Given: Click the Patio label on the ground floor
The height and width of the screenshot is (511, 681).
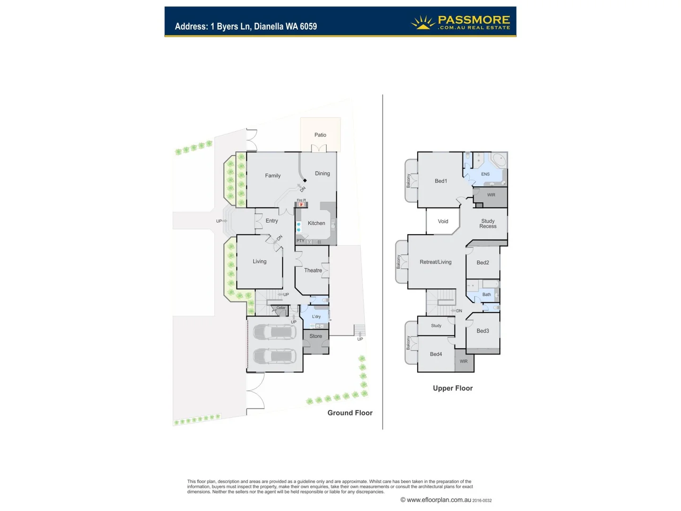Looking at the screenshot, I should click(x=320, y=135).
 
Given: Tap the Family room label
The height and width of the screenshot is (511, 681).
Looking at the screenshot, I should click(x=273, y=176).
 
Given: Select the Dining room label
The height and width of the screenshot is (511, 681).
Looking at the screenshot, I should click(x=323, y=174).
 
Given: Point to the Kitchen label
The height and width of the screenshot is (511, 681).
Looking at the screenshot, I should click(x=316, y=223).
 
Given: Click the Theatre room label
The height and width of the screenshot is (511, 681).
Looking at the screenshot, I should click(x=313, y=271).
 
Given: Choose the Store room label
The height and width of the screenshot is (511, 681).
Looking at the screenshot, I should click(x=316, y=336).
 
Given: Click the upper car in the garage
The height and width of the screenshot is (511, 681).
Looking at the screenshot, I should click(x=275, y=332).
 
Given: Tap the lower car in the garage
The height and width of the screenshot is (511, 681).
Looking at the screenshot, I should click(x=275, y=356).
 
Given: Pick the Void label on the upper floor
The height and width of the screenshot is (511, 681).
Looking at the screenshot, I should click(x=443, y=221).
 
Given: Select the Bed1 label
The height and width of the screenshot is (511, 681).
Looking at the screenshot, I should click(x=441, y=181).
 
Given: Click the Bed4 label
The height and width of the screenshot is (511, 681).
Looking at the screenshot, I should click(x=436, y=354).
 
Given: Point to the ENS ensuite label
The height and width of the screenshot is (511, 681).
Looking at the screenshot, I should click(x=485, y=174).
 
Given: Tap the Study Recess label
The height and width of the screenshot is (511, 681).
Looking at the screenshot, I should click(x=488, y=224).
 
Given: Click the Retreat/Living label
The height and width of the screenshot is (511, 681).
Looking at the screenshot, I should click(x=436, y=262).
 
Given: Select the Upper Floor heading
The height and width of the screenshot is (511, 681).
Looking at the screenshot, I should click(x=453, y=388).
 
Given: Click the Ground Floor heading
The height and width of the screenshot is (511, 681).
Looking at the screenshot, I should click(x=350, y=413).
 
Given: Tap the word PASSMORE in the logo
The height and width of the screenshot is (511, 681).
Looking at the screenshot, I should click(x=474, y=20).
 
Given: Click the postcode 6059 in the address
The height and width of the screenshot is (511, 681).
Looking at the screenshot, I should click(x=308, y=26).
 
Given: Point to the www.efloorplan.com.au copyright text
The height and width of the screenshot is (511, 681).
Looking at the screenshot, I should click(x=439, y=500).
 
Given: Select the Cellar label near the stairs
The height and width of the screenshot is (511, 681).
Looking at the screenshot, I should click(x=281, y=308).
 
